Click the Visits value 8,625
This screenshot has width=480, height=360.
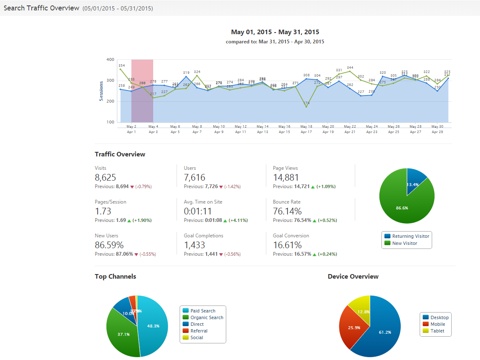click(105, 177)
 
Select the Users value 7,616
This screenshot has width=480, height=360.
click(195, 177)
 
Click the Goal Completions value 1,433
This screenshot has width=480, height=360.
click(195, 245)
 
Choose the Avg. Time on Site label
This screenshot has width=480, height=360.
click(203, 202)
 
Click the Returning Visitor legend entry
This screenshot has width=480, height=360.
click(411, 236)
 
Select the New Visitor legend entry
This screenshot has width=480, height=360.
click(404, 243)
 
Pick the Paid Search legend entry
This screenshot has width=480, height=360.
click(203, 311)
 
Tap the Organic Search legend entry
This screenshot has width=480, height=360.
click(207, 317)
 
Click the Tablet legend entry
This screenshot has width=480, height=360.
click(437, 331)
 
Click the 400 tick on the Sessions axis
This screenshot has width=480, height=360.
click(110, 60)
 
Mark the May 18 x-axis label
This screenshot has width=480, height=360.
click(306, 126)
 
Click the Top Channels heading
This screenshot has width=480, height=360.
click(115, 276)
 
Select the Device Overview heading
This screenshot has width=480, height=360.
click(353, 276)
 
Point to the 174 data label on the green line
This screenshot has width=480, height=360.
click(306, 103)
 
